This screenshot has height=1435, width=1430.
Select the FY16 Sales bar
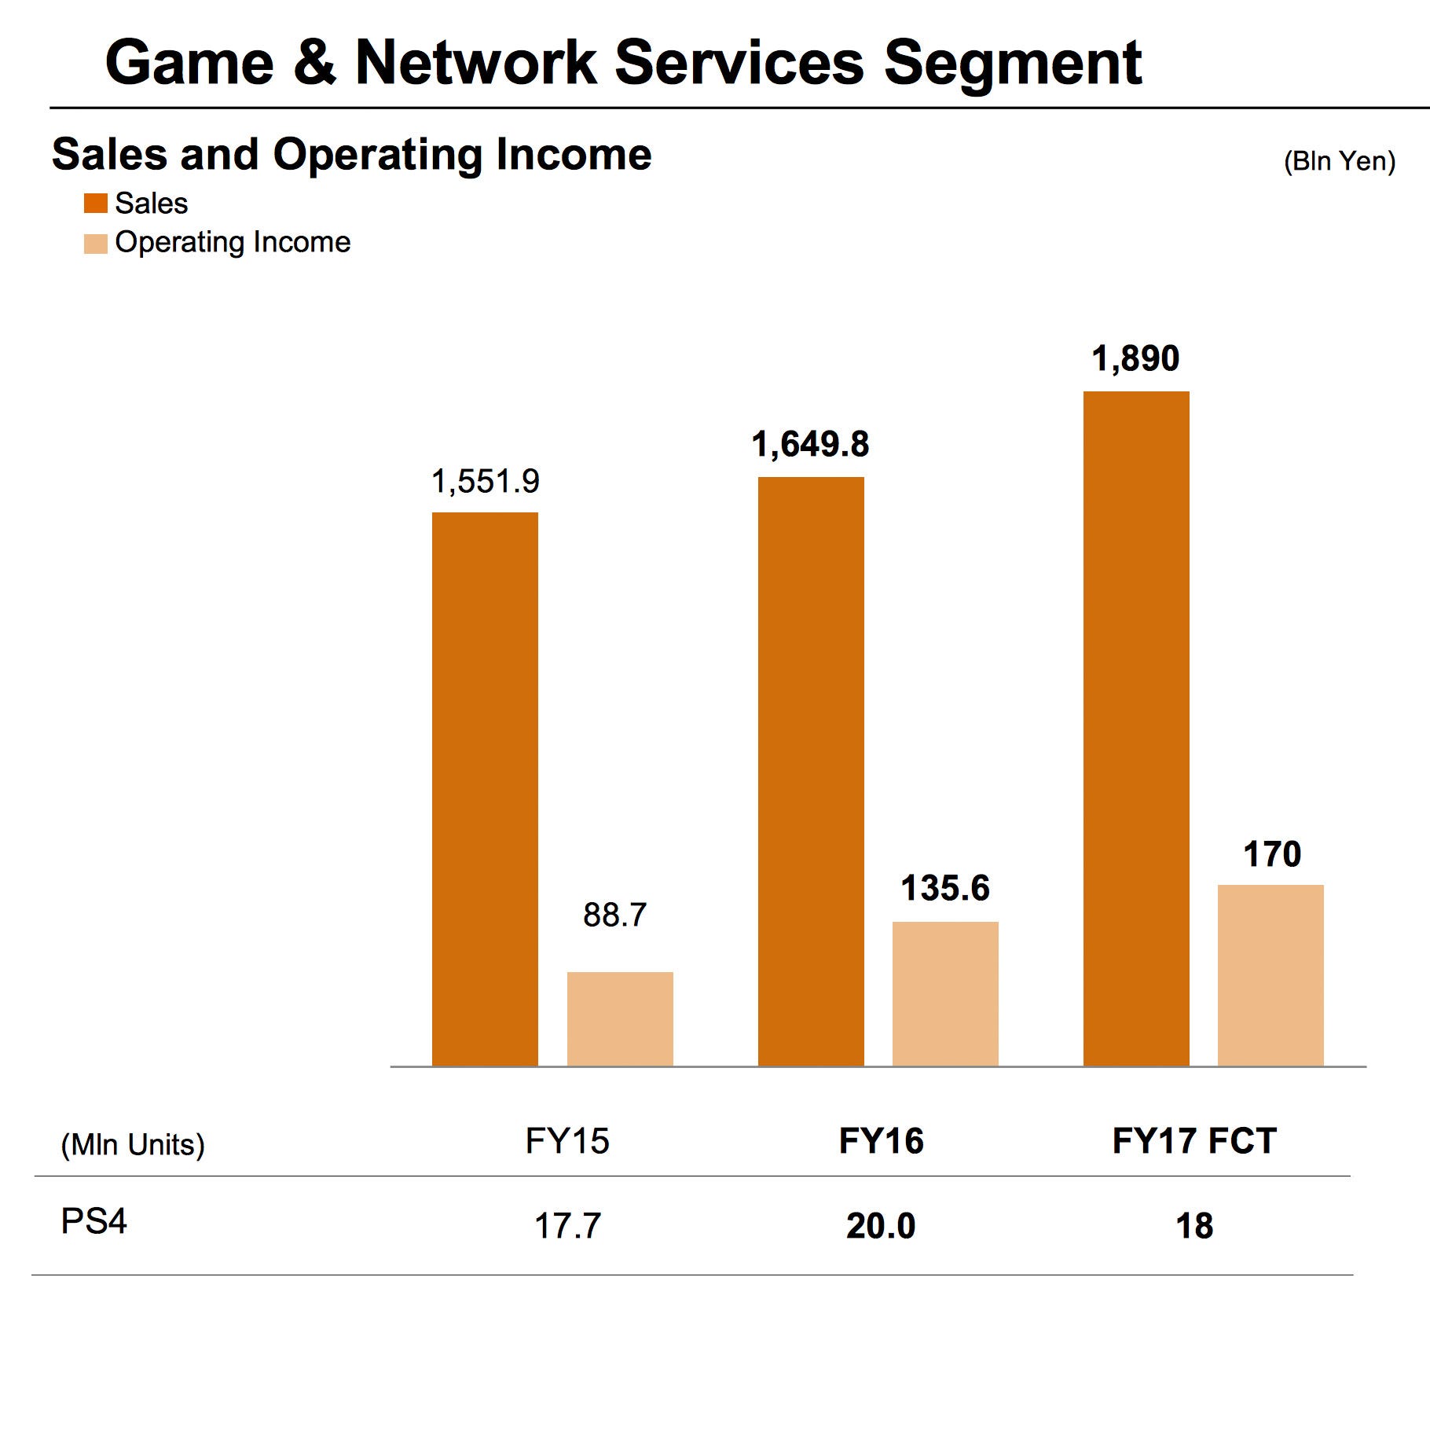pyautogui.click(x=810, y=771)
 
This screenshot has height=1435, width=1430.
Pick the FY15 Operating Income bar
pyautogui.click(x=620, y=1018)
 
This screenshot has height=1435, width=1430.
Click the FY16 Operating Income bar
pyautogui.click(x=945, y=993)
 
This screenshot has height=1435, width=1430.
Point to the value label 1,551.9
pyautogui.click(x=485, y=481)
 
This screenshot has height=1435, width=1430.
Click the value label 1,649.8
pyautogui.click(x=810, y=445)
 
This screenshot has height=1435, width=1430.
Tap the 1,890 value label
pyautogui.click(x=1135, y=358)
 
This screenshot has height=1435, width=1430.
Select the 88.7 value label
pyautogui.click(x=614, y=915)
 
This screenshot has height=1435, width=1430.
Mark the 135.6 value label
pyautogui.click(x=945, y=888)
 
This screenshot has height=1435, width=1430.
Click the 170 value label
pyautogui.click(x=1271, y=854)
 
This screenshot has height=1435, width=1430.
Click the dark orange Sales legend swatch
pyautogui.click(x=95, y=204)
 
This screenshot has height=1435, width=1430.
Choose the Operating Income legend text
pyautogui.click(x=233, y=242)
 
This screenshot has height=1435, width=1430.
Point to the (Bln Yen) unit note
pyautogui.click(x=1339, y=161)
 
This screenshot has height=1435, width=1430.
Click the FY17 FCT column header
pyautogui.click(x=1194, y=1141)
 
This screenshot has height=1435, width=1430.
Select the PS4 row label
pyautogui.click(x=93, y=1221)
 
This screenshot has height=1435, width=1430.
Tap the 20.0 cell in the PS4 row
pyautogui.click(x=881, y=1226)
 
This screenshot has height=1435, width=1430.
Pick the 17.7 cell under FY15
pyautogui.click(x=567, y=1226)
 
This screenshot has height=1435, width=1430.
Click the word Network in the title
pyautogui.click(x=475, y=62)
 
